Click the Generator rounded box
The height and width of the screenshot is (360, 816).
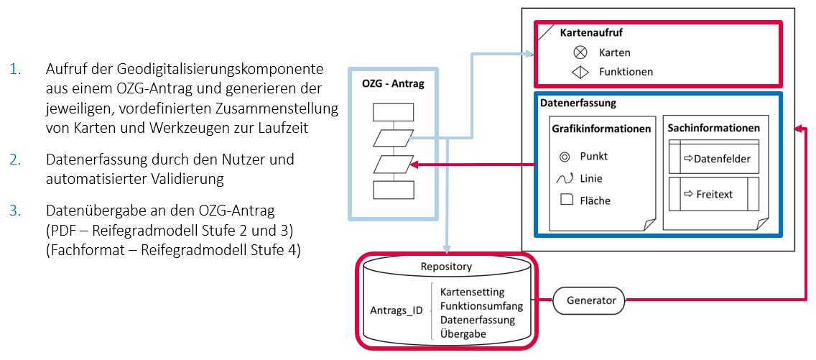pyautogui.click(x=590, y=300)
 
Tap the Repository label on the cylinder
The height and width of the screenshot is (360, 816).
pyautogui.click(x=446, y=267)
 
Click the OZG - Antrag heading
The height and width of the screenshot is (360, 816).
pyautogui.click(x=393, y=84)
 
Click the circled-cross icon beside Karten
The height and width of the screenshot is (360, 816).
pyautogui.click(x=580, y=52)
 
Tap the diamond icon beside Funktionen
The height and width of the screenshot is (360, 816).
pyautogui.click(x=580, y=72)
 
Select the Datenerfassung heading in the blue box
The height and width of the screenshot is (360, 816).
pyautogui.click(x=578, y=103)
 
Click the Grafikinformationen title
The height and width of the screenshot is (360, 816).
pyautogui.click(x=601, y=129)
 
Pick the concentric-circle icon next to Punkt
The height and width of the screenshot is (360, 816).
pyautogui.click(x=565, y=156)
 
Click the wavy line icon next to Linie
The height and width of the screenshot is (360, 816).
pyautogui.click(x=565, y=178)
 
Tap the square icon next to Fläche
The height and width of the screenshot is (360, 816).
pyautogui.click(x=565, y=200)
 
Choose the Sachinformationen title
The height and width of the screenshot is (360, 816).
pyautogui.click(x=714, y=128)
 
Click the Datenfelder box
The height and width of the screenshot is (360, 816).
pyautogui.click(x=714, y=158)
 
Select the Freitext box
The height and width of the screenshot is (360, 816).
pyautogui.click(x=714, y=194)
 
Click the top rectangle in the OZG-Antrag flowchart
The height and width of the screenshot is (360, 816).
pyautogui.click(x=394, y=113)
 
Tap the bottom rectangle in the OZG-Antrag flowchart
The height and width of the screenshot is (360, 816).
pyautogui.click(x=394, y=190)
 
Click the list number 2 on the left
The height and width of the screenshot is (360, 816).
pyautogui.click(x=15, y=160)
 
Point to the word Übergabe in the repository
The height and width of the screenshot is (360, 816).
pyautogui.click(x=463, y=333)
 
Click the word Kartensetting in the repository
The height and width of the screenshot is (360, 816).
pyautogui.click(x=472, y=292)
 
